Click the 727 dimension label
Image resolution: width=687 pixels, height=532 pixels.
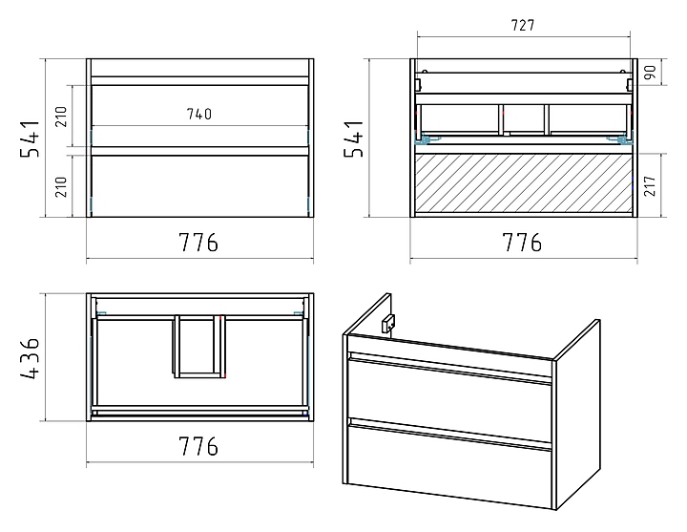point(523,26)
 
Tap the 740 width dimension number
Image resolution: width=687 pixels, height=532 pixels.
point(199,114)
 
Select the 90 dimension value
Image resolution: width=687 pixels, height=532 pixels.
point(650,72)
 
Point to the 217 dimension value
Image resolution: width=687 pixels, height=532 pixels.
point(650,185)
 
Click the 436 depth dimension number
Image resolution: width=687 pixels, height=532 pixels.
point(31,357)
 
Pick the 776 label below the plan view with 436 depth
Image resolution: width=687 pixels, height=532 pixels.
point(198,446)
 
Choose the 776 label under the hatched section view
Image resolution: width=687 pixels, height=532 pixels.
point(522,242)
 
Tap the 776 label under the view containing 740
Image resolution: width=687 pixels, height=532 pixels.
point(198,242)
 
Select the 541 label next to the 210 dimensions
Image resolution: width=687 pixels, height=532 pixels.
point(31,138)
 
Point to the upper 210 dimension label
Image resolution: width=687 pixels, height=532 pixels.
point(61,117)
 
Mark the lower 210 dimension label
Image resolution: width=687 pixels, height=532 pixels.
point(61,186)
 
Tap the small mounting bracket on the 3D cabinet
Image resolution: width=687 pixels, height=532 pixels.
point(388,324)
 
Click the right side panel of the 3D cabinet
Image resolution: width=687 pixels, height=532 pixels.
point(577,414)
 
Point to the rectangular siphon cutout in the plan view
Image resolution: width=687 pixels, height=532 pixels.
point(199,346)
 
